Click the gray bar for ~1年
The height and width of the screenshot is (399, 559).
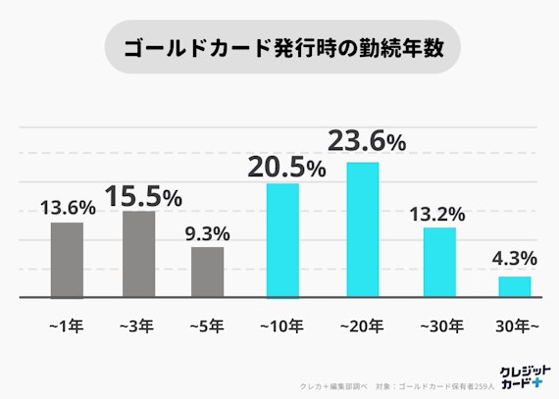(x=67, y=260)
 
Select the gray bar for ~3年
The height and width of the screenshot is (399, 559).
(x=138, y=254)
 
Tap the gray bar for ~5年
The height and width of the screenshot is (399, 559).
(x=207, y=272)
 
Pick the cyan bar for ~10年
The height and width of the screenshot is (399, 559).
(x=282, y=240)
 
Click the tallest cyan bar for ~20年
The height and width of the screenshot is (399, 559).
(x=363, y=229)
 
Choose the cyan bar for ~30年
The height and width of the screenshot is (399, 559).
(x=439, y=262)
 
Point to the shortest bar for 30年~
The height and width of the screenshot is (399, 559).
(x=515, y=286)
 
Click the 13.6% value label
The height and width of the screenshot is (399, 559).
(x=68, y=208)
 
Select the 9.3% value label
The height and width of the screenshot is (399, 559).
(x=207, y=233)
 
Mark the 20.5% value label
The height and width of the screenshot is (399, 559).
(x=286, y=168)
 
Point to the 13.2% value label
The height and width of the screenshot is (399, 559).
(x=438, y=214)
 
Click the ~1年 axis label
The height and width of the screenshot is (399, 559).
(x=67, y=324)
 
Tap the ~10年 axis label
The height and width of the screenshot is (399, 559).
(x=283, y=324)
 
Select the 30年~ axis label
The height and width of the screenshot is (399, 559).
(x=514, y=324)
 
